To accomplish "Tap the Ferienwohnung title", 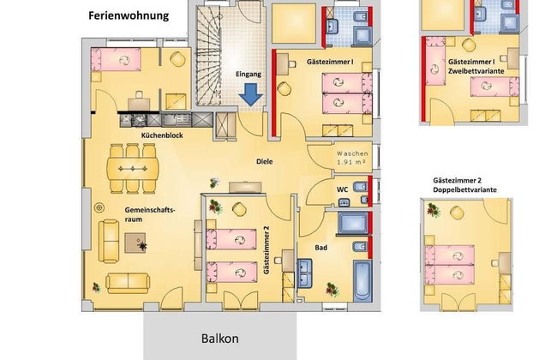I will pyautogui.click(x=129, y=15).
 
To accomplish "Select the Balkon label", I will pyautogui.click(x=220, y=338).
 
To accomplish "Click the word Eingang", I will pyautogui.click(x=249, y=75).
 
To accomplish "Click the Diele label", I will pyautogui.click(x=265, y=160).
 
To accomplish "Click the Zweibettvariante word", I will pyautogui.click(x=478, y=74).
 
